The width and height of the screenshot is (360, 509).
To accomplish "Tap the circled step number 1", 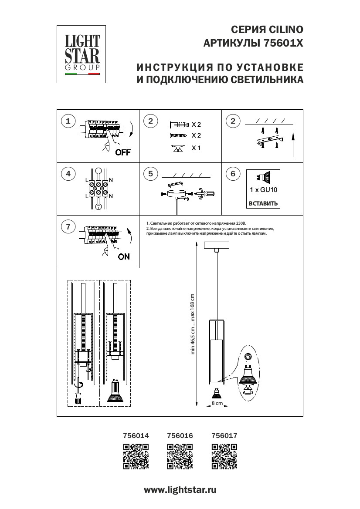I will pos(68,121).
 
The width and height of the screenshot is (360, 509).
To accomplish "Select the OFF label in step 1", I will pos(123,152).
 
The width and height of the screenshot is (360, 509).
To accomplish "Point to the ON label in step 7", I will pos(124,256).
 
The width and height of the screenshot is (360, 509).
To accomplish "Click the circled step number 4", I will pos(68,174).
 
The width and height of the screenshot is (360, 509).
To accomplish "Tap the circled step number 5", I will pos(150,174).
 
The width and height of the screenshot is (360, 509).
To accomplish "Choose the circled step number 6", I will pos(233,174).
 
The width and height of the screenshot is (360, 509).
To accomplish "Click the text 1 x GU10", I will pos(263,190).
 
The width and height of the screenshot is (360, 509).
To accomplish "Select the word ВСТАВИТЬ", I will pos(263,203).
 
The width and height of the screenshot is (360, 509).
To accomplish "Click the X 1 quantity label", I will pos(196,148).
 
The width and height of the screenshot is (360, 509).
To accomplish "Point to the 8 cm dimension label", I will pos(217,404).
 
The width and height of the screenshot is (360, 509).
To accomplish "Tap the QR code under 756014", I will pos(136,456).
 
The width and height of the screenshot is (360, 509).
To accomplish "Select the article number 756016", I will pos(180,435).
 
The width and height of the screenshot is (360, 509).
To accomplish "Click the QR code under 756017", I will pos(224,456).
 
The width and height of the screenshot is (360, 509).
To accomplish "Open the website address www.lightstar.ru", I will pos(180,490).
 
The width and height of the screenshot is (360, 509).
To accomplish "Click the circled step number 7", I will pos(68,226).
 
